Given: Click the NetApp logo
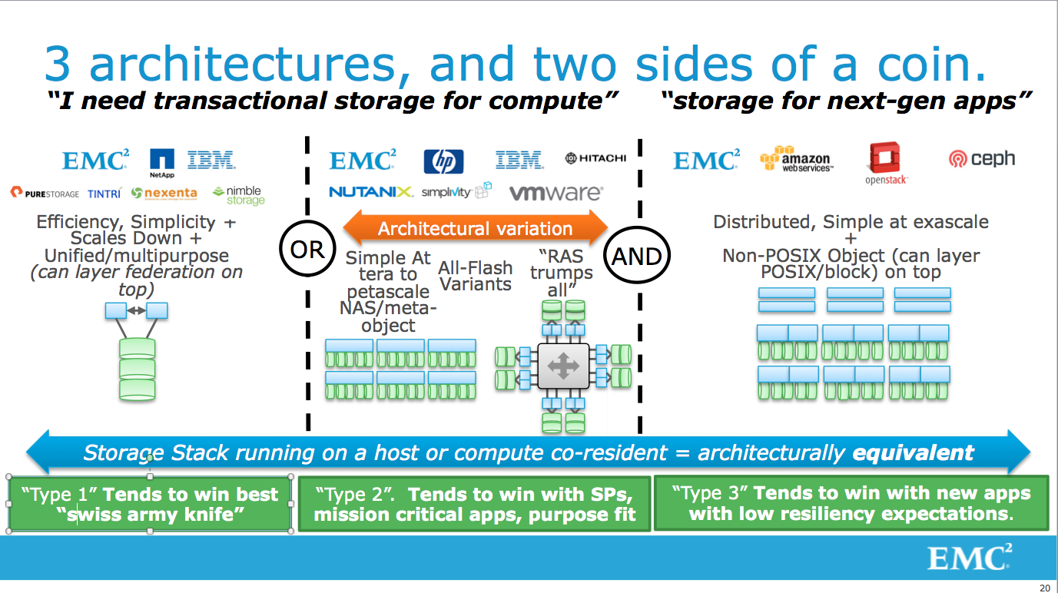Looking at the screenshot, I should coord(162,162).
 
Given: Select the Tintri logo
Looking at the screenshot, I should coord(104,194).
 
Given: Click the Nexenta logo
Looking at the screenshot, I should coord(164,193).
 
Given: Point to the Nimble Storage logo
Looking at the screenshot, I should coord(238,195).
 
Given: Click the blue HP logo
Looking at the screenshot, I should coord(443,161).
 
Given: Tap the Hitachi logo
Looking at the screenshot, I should coord(595,158).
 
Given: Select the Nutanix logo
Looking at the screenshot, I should coord(371,192).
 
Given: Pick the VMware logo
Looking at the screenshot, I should coord(556,193).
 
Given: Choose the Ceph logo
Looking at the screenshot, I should coord(981,159).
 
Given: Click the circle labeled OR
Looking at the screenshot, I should coord(307,250).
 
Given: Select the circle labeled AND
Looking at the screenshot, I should coord(636,255).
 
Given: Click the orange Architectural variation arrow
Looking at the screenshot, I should coord(475,228).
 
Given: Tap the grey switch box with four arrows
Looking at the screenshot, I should coord(562,366).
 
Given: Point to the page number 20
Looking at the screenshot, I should coord(1044,588).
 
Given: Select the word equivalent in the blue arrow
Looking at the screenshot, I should coord(913,452).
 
